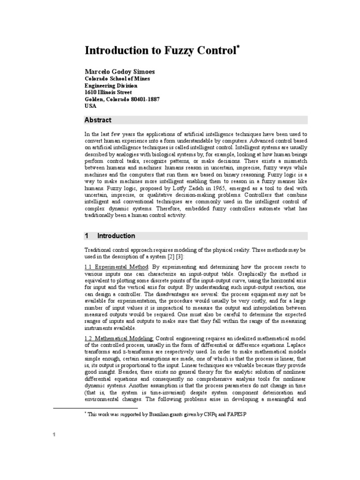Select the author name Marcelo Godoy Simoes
119,71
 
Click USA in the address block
90,106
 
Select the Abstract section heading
98,120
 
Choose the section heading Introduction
116,236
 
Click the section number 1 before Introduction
87,236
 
